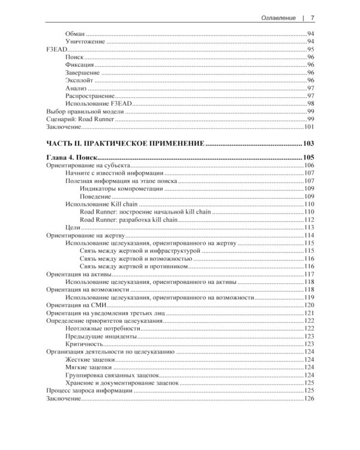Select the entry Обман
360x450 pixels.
pyautogui.click(x=74, y=33)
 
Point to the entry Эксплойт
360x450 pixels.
pyautogui.click(x=79, y=80)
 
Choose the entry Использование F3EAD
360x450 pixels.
pyautogui.click(x=97, y=104)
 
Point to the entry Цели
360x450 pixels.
pyautogui.click(x=71, y=227)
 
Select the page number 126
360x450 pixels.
pyautogui.click(x=310, y=399)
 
